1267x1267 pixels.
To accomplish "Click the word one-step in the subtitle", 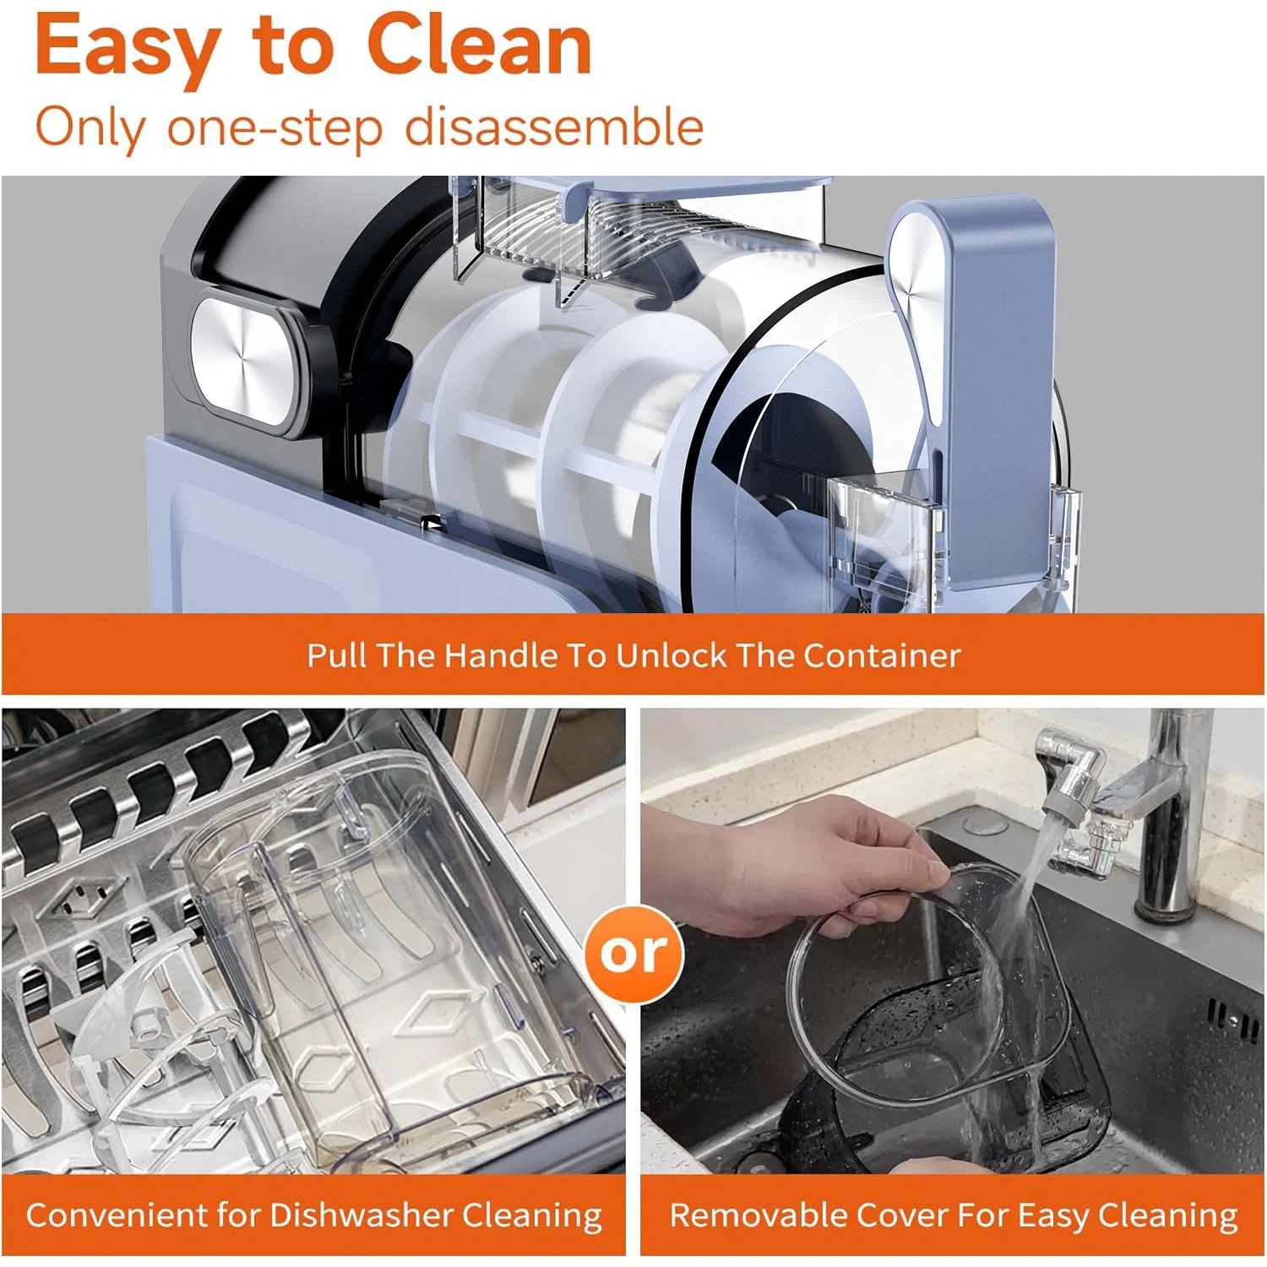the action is point(275,129).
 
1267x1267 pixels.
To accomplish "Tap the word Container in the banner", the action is point(882,655).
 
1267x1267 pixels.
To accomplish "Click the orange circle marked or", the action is point(633,954).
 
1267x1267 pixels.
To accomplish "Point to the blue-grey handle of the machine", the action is point(971,389).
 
